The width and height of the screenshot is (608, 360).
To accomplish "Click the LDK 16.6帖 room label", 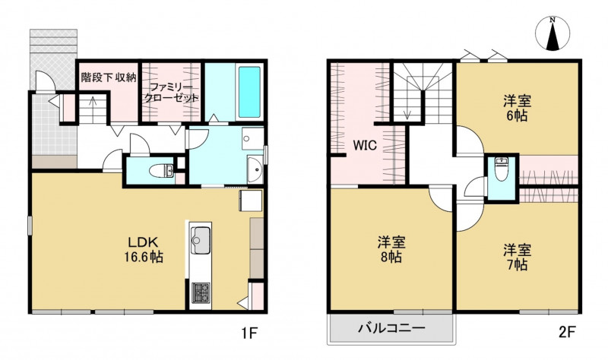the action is [144, 250].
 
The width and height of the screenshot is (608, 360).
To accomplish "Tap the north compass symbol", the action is [553, 33].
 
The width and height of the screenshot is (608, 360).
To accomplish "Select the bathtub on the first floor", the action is [249, 92].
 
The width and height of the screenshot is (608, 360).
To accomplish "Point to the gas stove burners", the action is [201, 293].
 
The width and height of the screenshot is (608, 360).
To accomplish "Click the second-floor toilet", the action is [502, 169].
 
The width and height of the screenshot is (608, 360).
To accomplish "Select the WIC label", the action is [365, 146].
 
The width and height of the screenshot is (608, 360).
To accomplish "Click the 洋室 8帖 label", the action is [391, 250].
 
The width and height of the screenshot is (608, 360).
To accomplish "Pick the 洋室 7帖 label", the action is [518, 257].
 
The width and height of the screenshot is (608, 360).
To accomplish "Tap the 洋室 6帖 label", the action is [518, 109].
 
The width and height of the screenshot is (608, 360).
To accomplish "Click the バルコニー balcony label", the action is [391, 329].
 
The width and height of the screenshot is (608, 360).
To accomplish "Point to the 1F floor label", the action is [249, 332].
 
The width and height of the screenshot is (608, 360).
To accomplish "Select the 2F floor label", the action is [567, 332].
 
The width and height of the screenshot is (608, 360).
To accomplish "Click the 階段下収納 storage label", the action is [109, 77].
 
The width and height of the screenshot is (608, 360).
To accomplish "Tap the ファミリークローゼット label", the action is [171, 92].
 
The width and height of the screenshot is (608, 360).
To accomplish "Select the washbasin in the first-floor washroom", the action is [255, 170].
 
